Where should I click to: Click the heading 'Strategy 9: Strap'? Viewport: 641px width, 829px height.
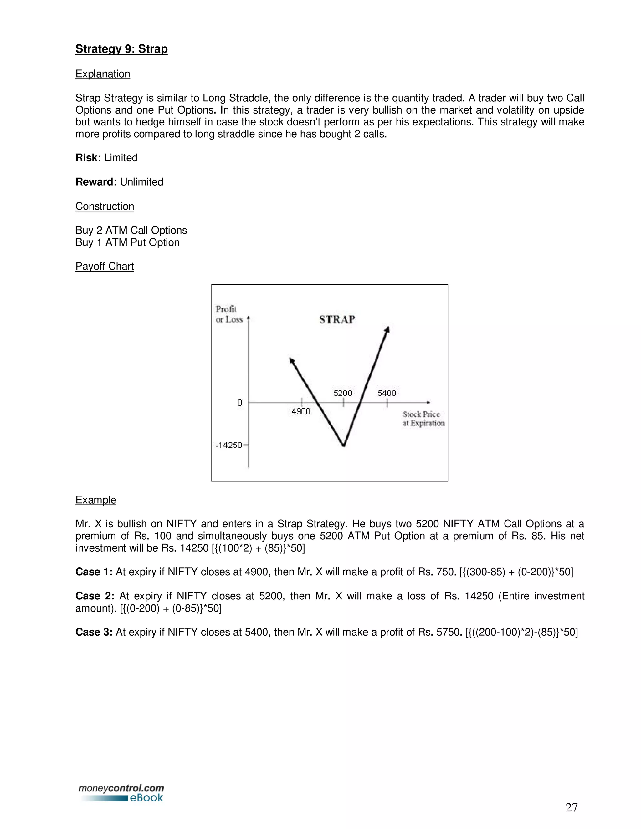[x=121, y=49]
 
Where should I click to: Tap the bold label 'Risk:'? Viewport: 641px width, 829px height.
[x=88, y=158]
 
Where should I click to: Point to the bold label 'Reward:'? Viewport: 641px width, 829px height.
[x=96, y=182]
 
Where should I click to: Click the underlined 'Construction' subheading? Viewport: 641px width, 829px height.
[x=105, y=206]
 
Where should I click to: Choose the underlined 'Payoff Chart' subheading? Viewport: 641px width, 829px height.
[x=105, y=266]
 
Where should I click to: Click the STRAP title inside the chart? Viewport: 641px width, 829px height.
[x=337, y=320]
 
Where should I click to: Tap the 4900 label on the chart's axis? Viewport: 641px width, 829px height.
[x=301, y=411]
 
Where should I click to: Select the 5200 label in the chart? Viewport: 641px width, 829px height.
[x=342, y=393]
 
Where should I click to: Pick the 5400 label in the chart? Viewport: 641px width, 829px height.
[x=387, y=393]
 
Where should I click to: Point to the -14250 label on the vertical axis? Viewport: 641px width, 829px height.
[x=228, y=445]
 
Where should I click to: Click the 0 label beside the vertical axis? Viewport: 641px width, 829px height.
[x=240, y=402]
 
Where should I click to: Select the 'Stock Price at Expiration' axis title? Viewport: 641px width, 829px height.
[x=423, y=418]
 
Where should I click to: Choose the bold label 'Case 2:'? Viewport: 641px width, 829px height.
[x=95, y=596]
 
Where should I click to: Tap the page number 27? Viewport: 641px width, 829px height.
[x=572, y=807]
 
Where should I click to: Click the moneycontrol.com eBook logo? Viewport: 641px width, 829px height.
[x=121, y=793]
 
